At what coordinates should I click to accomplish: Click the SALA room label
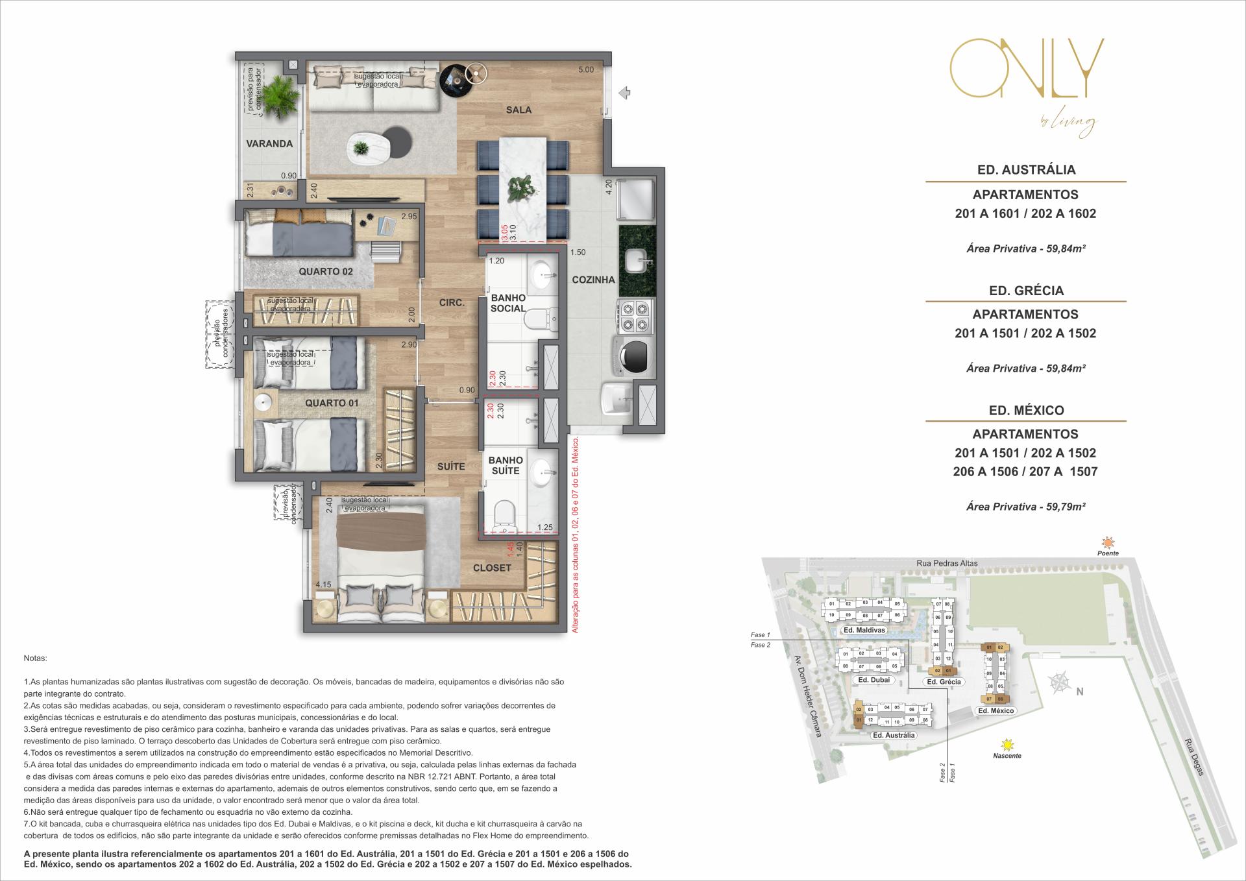pos(519,110)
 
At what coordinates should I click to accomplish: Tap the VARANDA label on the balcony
pos(269,144)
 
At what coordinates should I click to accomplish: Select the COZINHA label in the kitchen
pos(593,280)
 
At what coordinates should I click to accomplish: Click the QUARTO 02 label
pos(326,272)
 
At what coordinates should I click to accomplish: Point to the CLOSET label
pos(492,568)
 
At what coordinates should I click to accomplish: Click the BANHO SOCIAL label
pos(508,303)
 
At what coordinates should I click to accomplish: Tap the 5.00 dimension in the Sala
pos(585,70)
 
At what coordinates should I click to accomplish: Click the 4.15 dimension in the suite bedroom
pos(323,585)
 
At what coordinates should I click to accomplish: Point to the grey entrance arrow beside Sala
pos(624,93)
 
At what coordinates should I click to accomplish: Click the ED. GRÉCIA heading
pos(1026,291)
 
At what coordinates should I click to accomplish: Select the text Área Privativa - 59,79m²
pos(1025,507)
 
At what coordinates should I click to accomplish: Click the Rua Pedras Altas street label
pos(947,563)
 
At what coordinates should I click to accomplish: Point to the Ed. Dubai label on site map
pos(873,680)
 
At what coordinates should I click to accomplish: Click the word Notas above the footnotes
pos(35,658)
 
